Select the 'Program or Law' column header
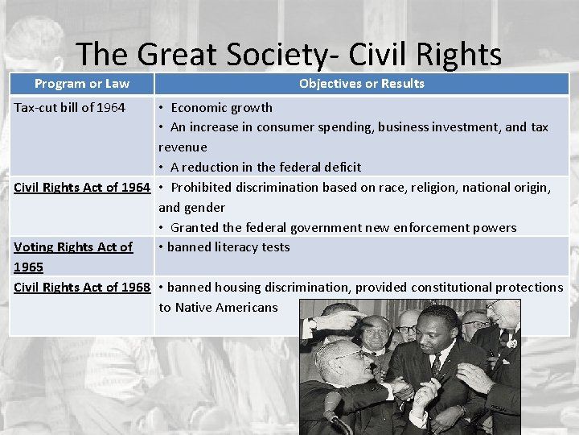[82, 84]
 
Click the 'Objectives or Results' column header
[361, 84]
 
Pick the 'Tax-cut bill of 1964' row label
[70, 107]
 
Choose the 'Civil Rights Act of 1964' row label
[82, 187]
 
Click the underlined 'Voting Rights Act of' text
[73, 246]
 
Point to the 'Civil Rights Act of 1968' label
[82, 287]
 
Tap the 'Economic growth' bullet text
[221, 107]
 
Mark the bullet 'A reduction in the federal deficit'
[265, 167]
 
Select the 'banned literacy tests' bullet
[228, 246]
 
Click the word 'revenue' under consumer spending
[183, 147]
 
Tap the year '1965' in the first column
[29, 267]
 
